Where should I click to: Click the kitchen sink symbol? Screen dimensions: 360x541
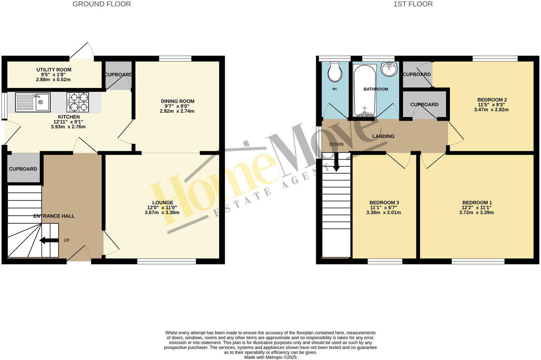pyautogui.click(x=33, y=102)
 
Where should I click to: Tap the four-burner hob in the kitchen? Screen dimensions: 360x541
pyautogui.click(x=77, y=102)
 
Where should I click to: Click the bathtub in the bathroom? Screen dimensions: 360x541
pyautogui.click(x=365, y=90)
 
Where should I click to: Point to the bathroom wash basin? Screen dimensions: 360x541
pyautogui.click(x=389, y=70)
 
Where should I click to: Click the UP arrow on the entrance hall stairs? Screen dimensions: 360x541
pyautogui.click(x=49, y=241)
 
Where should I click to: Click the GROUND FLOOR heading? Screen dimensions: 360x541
pyautogui.click(x=101, y=4)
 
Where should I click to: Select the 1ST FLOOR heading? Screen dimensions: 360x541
pyautogui.click(x=413, y=4)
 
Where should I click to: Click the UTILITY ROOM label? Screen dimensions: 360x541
pyautogui.click(x=54, y=70)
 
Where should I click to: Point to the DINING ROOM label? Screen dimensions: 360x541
pyautogui.click(x=177, y=101)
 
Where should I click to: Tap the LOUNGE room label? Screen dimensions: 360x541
pyautogui.click(x=162, y=203)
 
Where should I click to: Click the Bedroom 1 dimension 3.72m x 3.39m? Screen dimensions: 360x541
pyautogui.click(x=477, y=213)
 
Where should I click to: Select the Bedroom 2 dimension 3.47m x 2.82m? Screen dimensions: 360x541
pyautogui.click(x=491, y=110)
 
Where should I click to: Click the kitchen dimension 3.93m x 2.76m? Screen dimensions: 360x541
pyautogui.click(x=68, y=127)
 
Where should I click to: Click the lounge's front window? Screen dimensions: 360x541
pyautogui.click(x=166, y=261)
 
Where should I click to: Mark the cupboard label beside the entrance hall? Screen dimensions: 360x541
pyautogui.click(x=23, y=169)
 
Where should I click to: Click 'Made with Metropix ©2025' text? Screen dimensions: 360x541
pyautogui.click(x=270, y=357)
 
